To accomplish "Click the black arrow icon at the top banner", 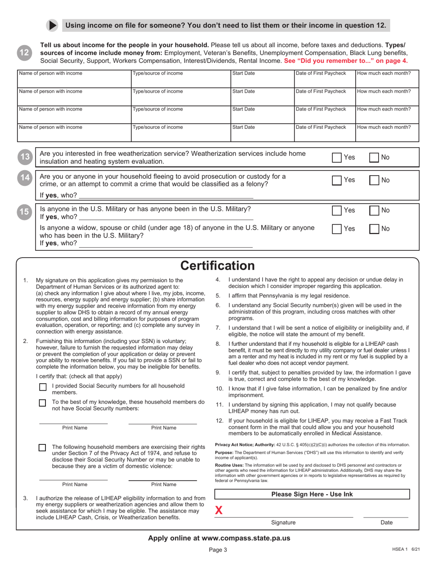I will (52, 26).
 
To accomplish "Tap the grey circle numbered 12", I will (24, 53).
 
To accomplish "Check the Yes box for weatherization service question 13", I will (337, 157).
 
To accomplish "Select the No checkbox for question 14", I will (374, 180).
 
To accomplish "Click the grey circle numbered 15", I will (24, 212).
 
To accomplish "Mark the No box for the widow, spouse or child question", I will (374, 228).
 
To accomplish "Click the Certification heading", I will (217, 266).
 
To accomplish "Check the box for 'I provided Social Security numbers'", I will (43, 387).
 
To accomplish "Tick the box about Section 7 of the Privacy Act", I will (43, 448).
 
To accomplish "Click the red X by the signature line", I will (219, 510).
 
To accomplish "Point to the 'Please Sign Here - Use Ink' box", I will (312, 494).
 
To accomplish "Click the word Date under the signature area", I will (386, 522).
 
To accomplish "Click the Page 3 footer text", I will (218, 550).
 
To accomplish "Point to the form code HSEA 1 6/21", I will (406, 549).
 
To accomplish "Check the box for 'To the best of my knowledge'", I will (43, 403).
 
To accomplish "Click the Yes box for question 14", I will (337, 180).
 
